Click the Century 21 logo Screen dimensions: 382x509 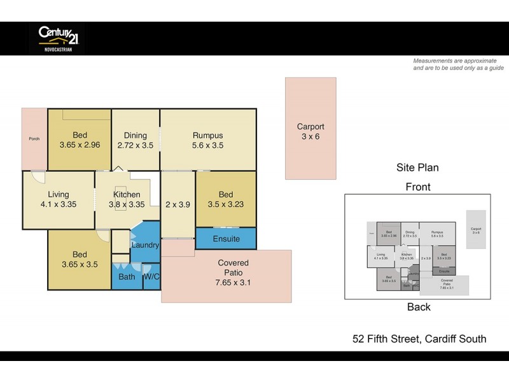click(x=57, y=38)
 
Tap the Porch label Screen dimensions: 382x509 click(x=34, y=139)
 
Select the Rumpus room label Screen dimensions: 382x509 click(x=208, y=135)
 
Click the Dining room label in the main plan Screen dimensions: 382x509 click(x=136, y=135)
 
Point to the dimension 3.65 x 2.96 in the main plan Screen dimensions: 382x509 click(x=80, y=145)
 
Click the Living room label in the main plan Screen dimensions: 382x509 click(x=58, y=194)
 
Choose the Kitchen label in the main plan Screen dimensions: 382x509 click(x=127, y=194)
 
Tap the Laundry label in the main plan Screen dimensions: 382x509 click(x=145, y=245)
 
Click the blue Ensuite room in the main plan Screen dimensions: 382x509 click(x=226, y=239)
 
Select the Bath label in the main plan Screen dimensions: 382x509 click(x=127, y=277)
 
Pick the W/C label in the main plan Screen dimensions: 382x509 click(x=151, y=277)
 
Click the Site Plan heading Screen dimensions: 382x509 click(x=417, y=168)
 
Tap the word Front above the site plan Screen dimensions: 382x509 click(x=418, y=187)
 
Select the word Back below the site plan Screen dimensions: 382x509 click(x=419, y=307)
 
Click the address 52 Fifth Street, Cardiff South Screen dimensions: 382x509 click(x=419, y=339)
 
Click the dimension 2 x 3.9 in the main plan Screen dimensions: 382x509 click(x=178, y=204)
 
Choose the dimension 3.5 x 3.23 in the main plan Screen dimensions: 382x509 click(x=226, y=204)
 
